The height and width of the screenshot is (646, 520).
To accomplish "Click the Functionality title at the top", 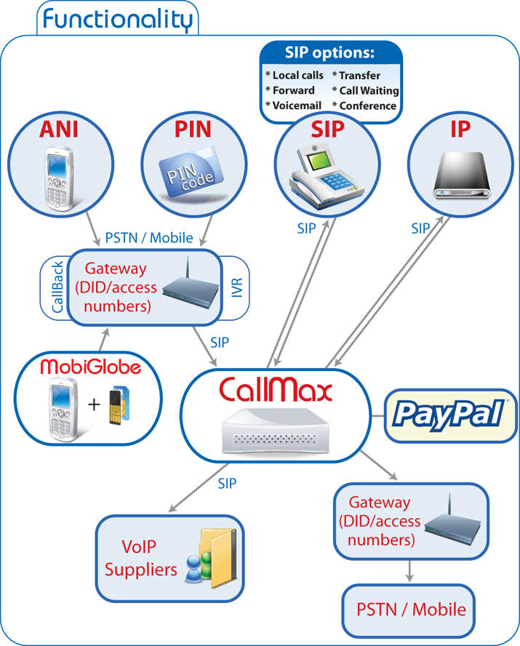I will click(116, 18).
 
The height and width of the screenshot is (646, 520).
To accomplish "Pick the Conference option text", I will click(364, 105).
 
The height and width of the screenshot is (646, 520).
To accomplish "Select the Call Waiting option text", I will click(365, 90).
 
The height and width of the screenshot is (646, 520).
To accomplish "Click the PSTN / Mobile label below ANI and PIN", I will click(149, 237).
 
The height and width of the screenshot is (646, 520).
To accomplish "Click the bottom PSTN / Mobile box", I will click(411, 609).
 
